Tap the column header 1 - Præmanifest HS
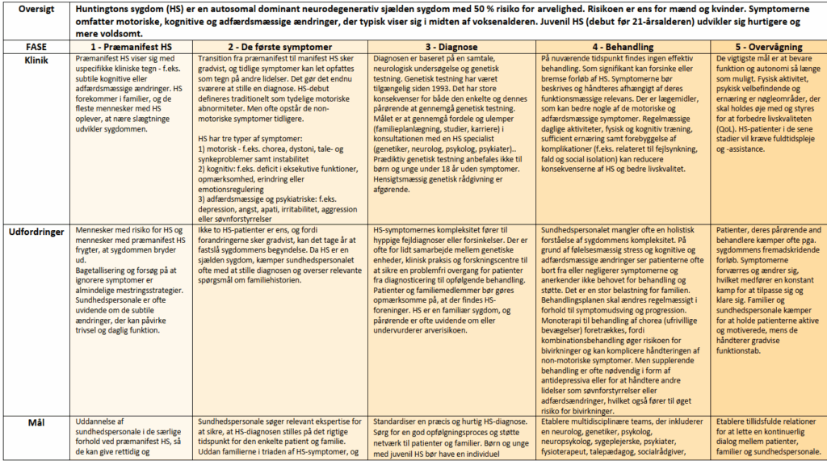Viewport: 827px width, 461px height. coord(132,47)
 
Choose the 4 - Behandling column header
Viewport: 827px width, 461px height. coord(623,47)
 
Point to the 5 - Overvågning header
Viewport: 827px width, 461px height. coord(767,47)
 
